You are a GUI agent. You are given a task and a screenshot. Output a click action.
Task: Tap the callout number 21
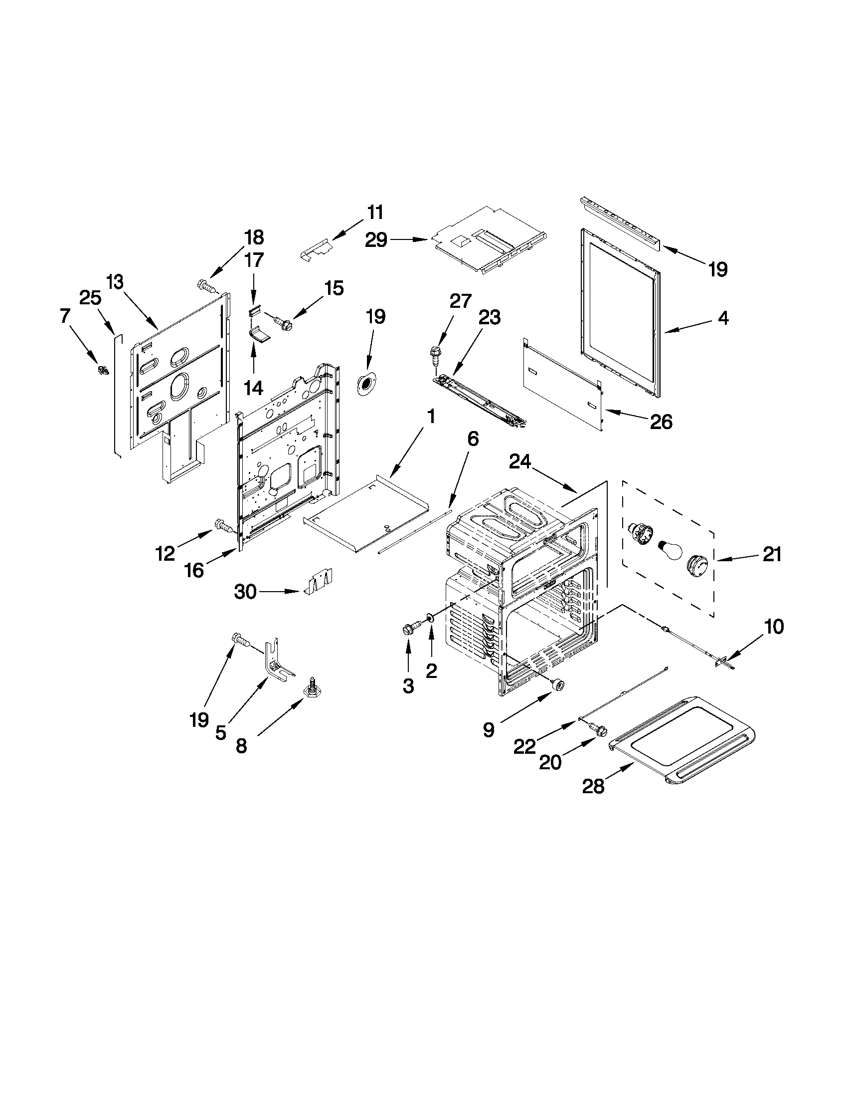(772, 554)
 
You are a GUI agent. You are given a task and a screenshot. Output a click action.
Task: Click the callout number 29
(376, 240)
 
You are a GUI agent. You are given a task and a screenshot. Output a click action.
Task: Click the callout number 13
(115, 282)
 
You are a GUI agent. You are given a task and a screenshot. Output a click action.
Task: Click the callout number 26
(661, 422)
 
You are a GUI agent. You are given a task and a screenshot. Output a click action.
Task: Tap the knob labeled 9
(557, 683)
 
